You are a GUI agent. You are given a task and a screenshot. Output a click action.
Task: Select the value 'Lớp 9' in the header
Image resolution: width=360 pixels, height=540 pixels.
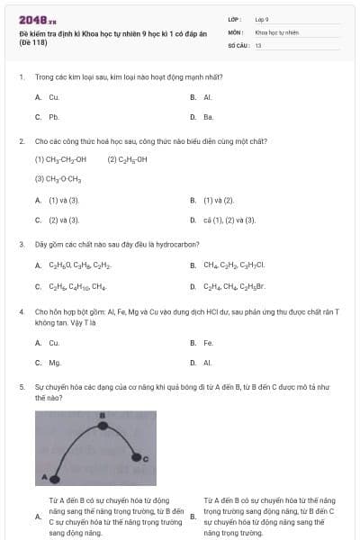(262, 18)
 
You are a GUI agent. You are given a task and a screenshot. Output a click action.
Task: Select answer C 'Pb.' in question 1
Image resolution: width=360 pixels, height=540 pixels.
(53, 117)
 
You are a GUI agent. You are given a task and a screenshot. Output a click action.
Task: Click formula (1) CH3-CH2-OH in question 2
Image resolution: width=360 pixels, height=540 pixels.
(60, 159)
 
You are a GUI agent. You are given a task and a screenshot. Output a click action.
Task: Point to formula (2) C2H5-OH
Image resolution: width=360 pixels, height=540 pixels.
(127, 159)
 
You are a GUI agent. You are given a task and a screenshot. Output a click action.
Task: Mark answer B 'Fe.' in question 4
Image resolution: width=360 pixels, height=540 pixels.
(208, 343)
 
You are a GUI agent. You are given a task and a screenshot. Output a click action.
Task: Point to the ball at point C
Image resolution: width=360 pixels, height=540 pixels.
(136, 458)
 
